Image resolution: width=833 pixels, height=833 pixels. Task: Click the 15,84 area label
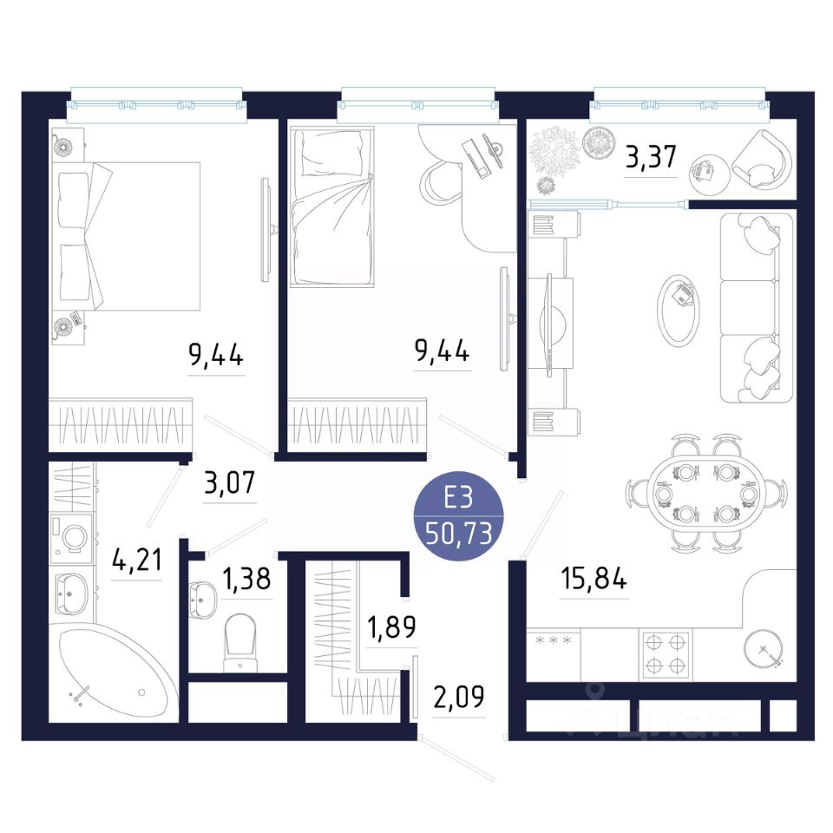coord(594,578)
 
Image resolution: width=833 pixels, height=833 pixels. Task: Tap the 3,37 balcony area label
coord(651,157)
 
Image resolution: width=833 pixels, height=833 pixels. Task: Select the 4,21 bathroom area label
coord(136,560)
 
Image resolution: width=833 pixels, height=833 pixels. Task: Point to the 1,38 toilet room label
coord(246,579)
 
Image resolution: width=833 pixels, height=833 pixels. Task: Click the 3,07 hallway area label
coord(229,482)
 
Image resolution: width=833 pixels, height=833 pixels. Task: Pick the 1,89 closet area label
coord(391,626)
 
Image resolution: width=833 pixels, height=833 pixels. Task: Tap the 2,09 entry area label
coord(459,697)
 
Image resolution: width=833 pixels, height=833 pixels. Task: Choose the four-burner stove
coord(666,654)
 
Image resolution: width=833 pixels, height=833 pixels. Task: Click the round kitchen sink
coord(764,650)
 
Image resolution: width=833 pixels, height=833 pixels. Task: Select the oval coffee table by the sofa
coord(679,312)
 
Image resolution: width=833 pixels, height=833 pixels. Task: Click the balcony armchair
coord(762,159)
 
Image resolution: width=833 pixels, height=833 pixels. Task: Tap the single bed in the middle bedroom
coord(331,207)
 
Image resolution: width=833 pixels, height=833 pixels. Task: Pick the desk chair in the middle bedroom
coord(440,181)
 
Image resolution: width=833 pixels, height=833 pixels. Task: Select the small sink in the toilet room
coord(202,600)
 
